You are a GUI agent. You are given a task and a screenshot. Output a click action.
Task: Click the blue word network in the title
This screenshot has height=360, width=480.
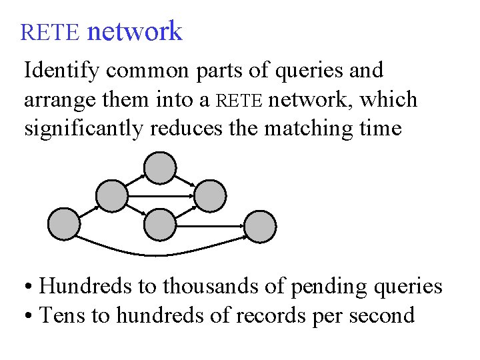[134, 31]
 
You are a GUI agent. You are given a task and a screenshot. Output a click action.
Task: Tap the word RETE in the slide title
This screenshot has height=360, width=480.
[50, 32]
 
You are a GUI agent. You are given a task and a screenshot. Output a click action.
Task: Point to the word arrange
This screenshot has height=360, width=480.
[53, 100]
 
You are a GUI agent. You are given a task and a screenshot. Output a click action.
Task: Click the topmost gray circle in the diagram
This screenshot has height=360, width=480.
[161, 168]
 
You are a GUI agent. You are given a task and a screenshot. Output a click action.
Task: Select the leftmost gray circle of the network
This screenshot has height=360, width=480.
[65, 225]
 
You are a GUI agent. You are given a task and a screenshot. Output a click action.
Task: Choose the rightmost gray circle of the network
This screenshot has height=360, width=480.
[260, 226]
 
